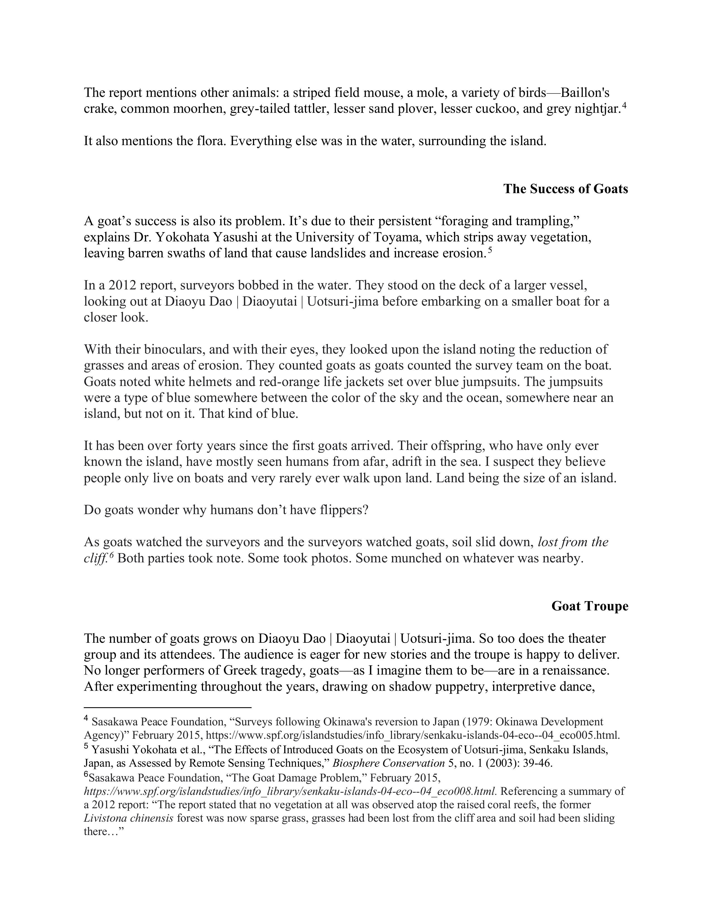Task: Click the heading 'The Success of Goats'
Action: pyautogui.click(x=565, y=189)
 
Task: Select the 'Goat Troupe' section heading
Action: pyautogui.click(x=590, y=606)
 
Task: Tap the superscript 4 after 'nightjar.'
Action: pyautogui.click(x=624, y=105)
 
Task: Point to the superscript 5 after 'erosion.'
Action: pyautogui.click(x=490, y=250)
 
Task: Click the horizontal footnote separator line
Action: pyautogui.click(x=168, y=707)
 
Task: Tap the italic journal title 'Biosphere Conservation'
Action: pyautogui.click(x=388, y=763)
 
